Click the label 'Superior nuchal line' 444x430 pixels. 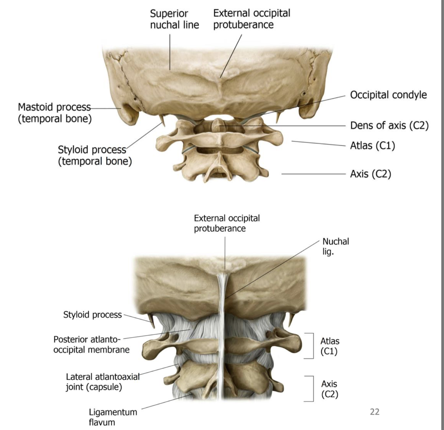[x=174, y=19]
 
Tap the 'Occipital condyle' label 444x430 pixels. [x=388, y=95]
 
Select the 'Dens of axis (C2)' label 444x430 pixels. [x=389, y=125]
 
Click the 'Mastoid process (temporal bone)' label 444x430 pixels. [x=55, y=113]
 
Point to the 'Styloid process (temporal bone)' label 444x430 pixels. [x=95, y=155]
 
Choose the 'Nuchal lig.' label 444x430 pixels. [x=335, y=246]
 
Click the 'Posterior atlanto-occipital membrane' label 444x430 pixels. [x=91, y=344]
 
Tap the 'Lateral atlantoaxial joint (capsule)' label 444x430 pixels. [x=103, y=382]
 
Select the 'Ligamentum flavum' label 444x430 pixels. [x=113, y=417]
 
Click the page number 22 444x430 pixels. [x=374, y=412]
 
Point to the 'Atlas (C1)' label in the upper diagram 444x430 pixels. [x=372, y=146]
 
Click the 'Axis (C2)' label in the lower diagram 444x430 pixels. [x=329, y=389]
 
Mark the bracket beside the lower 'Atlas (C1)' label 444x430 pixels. [x=312, y=346]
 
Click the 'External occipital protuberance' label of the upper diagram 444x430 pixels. [x=251, y=19]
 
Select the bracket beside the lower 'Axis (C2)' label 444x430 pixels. [x=312, y=388]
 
